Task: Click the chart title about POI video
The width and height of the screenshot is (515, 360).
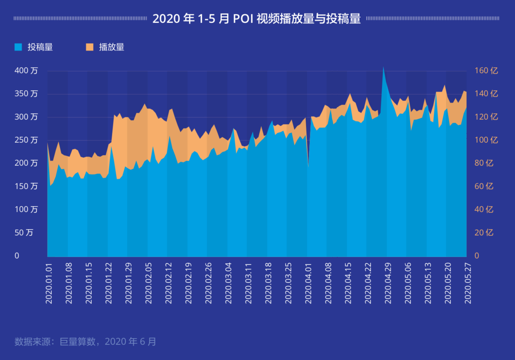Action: (x=256, y=18)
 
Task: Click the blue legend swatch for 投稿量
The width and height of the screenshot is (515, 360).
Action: (x=18, y=47)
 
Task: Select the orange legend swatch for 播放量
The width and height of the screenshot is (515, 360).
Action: (x=90, y=47)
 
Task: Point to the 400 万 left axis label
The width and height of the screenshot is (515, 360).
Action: (x=26, y=70)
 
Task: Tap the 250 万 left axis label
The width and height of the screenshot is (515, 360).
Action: (x=26, y=140)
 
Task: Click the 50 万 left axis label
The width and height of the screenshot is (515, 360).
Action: (x=24, y=233)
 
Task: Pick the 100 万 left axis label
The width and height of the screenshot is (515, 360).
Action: (x=26, y=209)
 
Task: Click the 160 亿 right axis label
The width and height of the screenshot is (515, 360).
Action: (x=486, y=70)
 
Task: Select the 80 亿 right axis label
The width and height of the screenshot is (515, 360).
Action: (x=484, y=163)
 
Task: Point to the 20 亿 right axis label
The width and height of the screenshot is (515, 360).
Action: (x=484, y=233)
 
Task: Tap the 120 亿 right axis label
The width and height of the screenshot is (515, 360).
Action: (x=486, y=117)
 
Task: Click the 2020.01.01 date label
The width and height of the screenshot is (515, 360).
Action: (x=49, y=283)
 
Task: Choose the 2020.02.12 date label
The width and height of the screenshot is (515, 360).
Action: (x=168, y=283)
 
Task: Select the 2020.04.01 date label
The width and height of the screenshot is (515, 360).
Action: (x=308, y=283)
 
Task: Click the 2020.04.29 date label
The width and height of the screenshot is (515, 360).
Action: (x=388, y=283)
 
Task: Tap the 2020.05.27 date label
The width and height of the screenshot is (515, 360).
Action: (x=467, y=283)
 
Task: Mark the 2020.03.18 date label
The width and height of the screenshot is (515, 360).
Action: (x=268, y=283)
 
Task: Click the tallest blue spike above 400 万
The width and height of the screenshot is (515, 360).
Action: (x=383, y=68)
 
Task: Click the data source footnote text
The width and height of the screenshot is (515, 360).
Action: (x=85, y=341)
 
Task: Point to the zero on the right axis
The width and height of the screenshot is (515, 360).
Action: (x=477, y=256)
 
